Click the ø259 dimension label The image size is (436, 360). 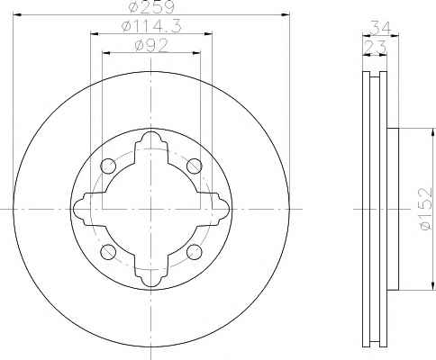150,6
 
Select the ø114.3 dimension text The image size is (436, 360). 151,26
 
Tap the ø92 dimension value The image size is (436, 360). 151,46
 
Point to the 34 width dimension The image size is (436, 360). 380,28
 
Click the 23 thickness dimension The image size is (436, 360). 375,47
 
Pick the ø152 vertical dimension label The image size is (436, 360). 426,209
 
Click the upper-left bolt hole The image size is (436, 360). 108,166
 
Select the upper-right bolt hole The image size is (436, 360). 194,166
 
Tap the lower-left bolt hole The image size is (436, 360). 108,252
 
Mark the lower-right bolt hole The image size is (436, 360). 194,252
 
